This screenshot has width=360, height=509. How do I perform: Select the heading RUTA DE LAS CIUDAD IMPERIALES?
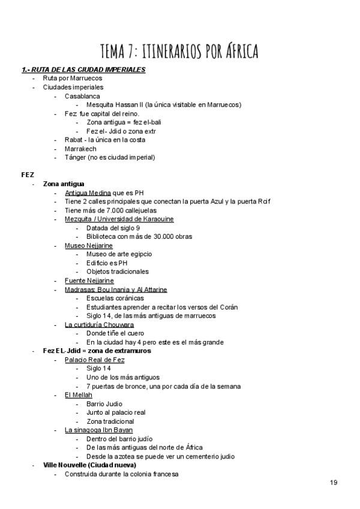pyautogui.click(x=87, y=70)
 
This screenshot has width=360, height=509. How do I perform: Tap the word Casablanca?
pyautogui.click(x=82, y=96)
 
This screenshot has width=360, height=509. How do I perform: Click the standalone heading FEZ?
pyautogui.click(x=28, y=175)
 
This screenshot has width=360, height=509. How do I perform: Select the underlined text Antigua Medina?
pyautogui.click(x=88, y=192)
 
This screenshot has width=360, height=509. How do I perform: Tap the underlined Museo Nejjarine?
pyautogui.click(x=88, y=245)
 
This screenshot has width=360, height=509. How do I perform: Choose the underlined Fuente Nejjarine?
pyautogui.click(x=89, y=280)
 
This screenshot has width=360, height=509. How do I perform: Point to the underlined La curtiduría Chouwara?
pyautogui.click(x=99, y=324)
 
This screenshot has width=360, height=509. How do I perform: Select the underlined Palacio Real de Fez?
pyautogui.click(x=95, y=360)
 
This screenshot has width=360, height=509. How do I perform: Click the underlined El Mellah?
pyautogui.click(x=77, y=394)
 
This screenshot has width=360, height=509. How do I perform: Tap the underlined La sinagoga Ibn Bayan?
pyautogui.click(x=98, y=430)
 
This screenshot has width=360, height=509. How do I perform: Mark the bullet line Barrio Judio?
pyautogui.click(x=104, y=403)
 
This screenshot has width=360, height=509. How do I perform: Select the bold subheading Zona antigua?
pyautogui.click(x=64, y=183)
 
